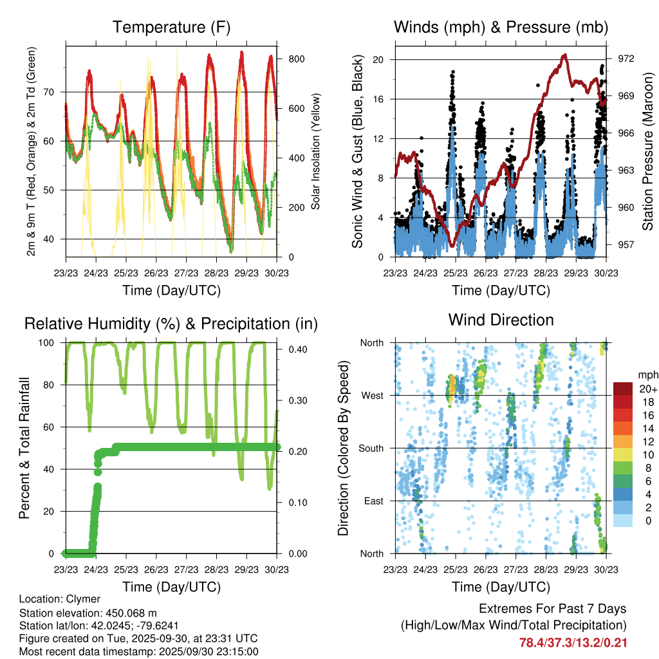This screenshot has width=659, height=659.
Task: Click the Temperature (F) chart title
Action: click(171, 28)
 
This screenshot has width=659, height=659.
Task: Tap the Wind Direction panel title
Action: click(501, 320)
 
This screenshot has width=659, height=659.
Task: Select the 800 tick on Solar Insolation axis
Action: click(296, 59)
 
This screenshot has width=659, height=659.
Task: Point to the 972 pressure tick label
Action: click(627, 59)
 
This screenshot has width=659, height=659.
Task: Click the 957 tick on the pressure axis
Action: click(627, 245)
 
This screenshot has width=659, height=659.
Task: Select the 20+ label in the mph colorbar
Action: click(647, 389)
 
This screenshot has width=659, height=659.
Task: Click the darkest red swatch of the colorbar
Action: click(622, 388)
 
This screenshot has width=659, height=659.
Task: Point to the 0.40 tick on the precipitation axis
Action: click(294, 349)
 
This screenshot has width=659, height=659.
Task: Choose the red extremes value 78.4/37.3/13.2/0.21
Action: click(573, 642)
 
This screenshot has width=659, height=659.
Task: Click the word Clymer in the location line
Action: click(82, 599)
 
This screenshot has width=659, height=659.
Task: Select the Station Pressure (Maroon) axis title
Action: click(648, 151)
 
